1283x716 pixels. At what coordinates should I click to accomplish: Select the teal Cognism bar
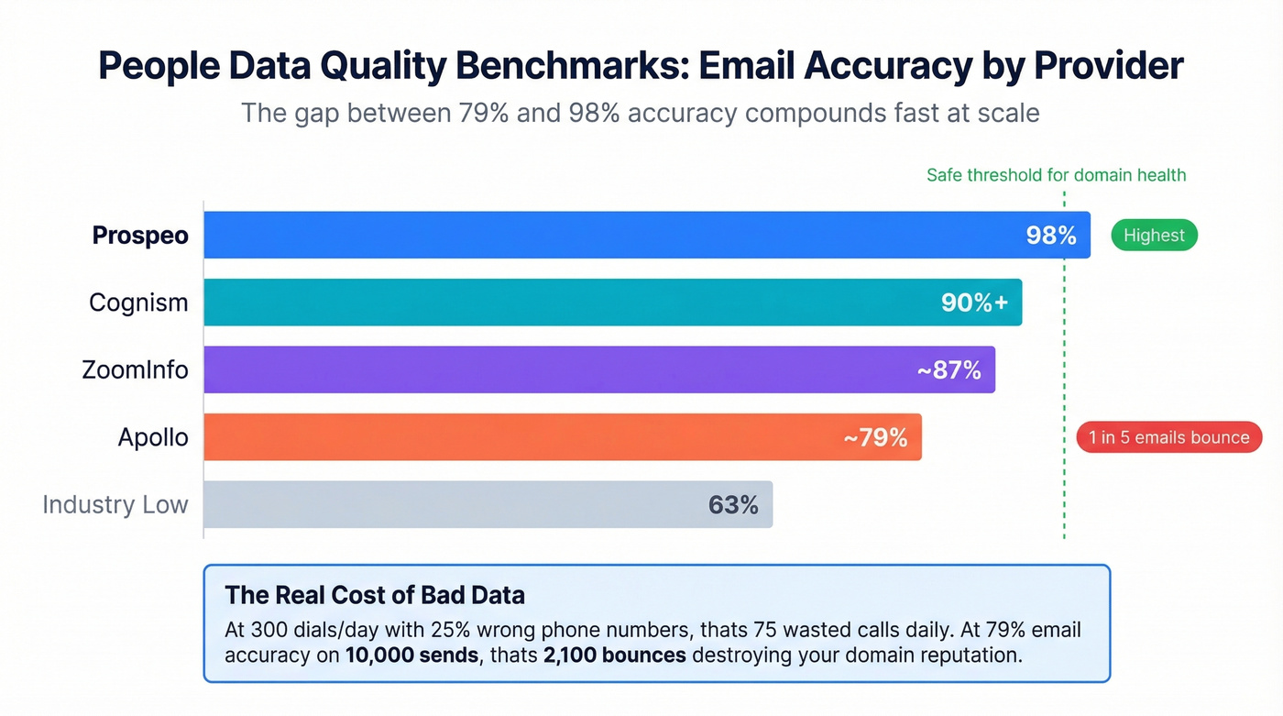pyautogui.click(x=568, y=303)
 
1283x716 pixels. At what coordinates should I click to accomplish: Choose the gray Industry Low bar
pyautogui.click(x=458, y=504)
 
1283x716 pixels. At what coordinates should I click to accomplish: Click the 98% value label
pyautogui.click(x=1050, y=236)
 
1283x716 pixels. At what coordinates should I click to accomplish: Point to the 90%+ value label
pyautogui.click(x=974, y=303)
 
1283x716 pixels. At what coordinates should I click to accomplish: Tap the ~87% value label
pyautogui.click(x=949, y=370)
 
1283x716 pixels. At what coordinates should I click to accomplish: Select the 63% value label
pyautogui.click(x=733, y=504)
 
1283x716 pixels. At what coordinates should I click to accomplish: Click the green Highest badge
pyautogui.click(x=1154, y=236)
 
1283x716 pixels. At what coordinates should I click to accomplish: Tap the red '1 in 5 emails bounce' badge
pyautogui.click(x=1168, y=437)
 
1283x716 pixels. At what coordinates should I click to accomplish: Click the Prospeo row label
pyautogui.click(x=140, y=236)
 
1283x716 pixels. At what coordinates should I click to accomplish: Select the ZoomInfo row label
pyautogui.click(x=135, y=370)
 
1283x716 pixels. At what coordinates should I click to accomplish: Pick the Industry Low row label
pyautogui.click(x=115, y=504)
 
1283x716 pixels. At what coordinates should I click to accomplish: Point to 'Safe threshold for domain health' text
pyautogui.click(x=1056, y=175)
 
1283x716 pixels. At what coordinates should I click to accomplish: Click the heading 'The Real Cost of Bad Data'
pyautogui.click(x=375, y=595)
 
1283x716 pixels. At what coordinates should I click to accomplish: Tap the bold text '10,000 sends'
pyautogui.click(x=411, y=655)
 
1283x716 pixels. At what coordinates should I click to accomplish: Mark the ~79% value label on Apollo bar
pyautogui.click(x=875, y=437)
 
